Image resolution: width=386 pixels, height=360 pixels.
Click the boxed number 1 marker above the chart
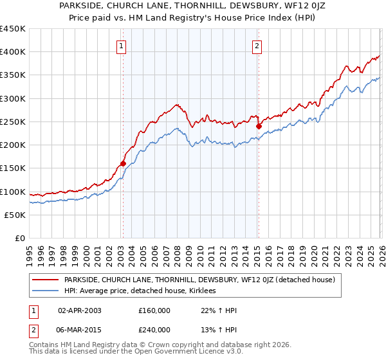coord(122,46)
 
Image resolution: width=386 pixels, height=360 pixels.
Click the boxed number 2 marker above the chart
coord(257,46)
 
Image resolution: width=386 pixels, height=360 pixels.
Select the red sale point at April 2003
coord(123,163)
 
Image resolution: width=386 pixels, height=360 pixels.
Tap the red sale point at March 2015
coord(258,127)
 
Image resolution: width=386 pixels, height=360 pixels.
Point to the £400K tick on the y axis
coord(13,52)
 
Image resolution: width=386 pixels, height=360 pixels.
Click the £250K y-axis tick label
coord(13,122)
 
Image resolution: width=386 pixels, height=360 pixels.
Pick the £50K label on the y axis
coord(15,215)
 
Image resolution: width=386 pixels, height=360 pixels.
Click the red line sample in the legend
coord(46,280)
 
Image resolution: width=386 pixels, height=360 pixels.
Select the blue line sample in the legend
coord(46,291)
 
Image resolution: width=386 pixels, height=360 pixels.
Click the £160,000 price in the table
coord(154,310)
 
